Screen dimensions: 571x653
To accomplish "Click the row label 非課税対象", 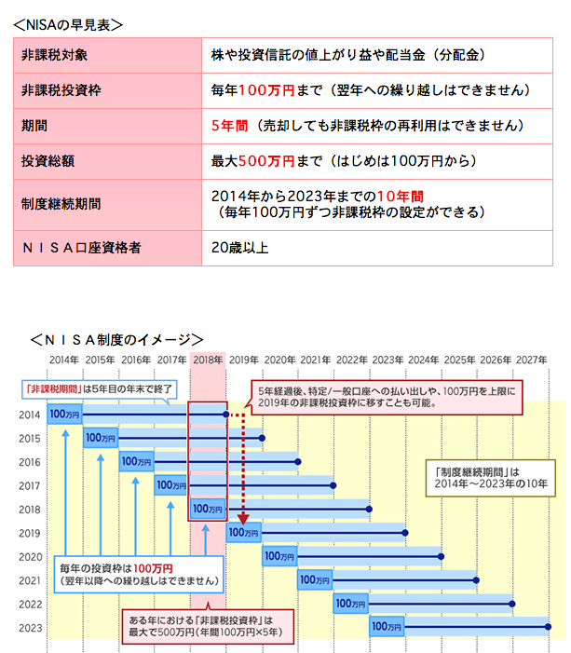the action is pyautogui.click(x=54, y=55).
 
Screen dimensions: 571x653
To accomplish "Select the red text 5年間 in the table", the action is pyautogui.click(x=229, y=126).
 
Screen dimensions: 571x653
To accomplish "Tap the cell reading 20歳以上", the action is pyautogui.click(x=240, y=248).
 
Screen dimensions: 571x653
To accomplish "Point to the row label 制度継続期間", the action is pyautogui.click(x=61, y=204).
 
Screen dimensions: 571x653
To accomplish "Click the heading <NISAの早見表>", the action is pyautogui.click(x=68, y=25).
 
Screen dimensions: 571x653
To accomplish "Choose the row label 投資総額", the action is pyautogui.click(x=48, y=161).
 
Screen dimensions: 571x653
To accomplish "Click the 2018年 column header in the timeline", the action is pyautogui.click(x=208, y=360).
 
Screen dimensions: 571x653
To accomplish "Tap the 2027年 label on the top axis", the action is pyautogui.click(x=532, y=360).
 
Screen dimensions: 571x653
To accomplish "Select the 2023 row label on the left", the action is pyautogui.click(x=31, y=628).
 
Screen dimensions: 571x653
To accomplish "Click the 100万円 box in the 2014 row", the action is pyautogui.click(x=64, y=415).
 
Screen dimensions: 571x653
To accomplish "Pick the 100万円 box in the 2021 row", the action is pyautogui.click(x=315, y=580).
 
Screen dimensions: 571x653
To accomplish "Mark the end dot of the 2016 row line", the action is pyautogui.click(x=298, y=462).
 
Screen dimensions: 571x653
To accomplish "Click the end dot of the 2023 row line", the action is pyautogui.click(x=548, y=627).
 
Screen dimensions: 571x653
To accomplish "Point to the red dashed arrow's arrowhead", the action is pyautogui.click(x=243, y=519).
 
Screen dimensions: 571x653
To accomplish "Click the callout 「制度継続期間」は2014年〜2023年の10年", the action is pyautogui.click(x=491, y=478).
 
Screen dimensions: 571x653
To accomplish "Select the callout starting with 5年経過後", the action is pyautogui.click(x=387, y=398).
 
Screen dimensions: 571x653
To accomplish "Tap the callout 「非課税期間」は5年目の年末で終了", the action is pyautogui.click(x=99, y=389).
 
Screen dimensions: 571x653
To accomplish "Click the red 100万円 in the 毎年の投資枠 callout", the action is pyautogui.click(x=153, y=568).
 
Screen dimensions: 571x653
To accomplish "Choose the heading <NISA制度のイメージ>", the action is pyautogui.click(x=116, y=340).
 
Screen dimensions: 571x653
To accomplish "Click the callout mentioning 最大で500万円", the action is pyautogui.click(x=208, y=626).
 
